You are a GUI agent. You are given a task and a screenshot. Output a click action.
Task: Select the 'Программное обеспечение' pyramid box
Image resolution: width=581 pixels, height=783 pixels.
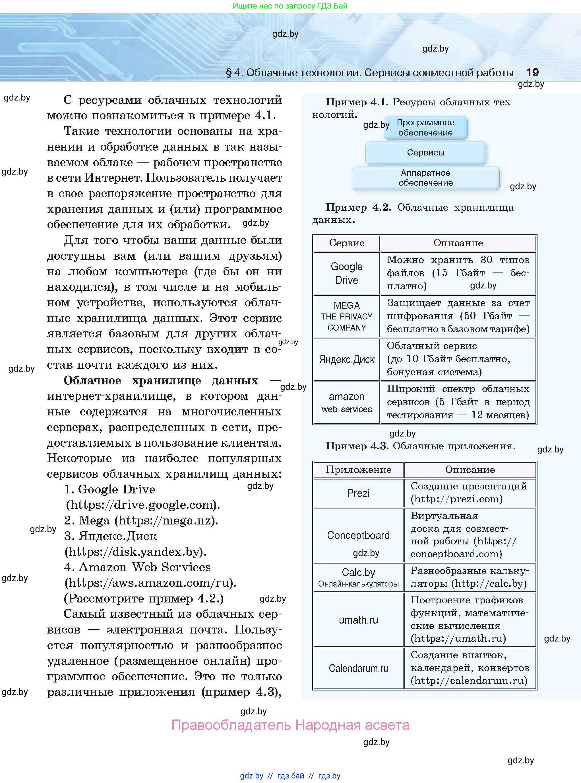point(425,128)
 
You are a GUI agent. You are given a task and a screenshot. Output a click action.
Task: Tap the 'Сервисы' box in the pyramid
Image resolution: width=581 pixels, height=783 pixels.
point(425,152)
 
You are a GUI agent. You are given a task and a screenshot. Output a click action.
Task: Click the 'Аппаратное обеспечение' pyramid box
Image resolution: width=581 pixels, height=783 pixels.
point(425,178)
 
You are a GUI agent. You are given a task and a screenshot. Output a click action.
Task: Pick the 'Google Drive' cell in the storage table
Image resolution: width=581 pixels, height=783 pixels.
point(346,273)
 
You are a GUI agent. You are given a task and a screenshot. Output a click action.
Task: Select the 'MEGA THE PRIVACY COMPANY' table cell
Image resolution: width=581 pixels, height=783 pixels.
point(346,316)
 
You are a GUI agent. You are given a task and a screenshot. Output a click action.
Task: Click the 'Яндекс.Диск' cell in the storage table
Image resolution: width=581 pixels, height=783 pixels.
point(346,359)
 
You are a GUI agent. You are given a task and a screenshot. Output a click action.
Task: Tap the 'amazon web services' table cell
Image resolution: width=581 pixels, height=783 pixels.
point(346,402)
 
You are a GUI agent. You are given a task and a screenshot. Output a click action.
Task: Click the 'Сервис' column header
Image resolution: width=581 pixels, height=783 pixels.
point(346,243)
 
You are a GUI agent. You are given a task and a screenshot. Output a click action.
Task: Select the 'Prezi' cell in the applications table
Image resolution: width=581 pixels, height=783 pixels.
point(358,493)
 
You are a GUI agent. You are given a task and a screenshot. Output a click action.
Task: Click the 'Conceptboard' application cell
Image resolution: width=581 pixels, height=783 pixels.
point(358,535)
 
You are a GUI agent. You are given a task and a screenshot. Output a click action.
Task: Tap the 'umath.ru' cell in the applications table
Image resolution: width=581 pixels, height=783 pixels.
point(358,620)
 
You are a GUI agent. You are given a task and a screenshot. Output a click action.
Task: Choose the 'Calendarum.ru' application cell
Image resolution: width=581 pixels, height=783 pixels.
point(358,668)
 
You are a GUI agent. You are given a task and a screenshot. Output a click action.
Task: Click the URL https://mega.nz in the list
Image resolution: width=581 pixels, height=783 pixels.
point(165,520)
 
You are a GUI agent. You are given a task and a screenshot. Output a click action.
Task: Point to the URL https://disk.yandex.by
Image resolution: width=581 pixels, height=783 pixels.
point(135,551)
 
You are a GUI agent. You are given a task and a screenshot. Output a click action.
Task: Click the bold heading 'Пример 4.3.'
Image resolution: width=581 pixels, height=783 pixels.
point(357,446)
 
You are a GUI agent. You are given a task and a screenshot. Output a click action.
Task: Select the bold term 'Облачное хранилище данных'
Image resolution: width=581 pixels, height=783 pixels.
point(161,381)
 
